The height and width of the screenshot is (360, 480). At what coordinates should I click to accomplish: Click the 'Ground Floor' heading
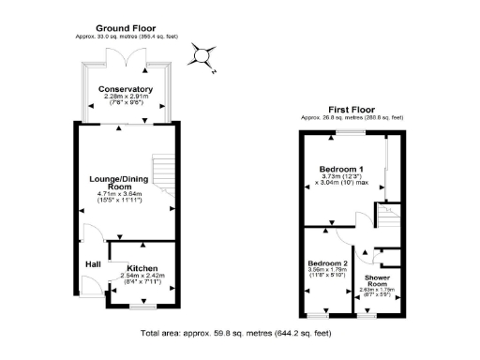[x=125, y=28]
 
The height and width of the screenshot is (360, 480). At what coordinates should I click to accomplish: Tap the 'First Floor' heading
[x=351, y=109]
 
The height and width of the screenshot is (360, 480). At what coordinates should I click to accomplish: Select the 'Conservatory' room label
[x=126, y=90]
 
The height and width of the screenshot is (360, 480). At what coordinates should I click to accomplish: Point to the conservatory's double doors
[x=126, y=56]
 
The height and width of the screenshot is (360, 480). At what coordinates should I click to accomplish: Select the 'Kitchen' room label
[x=142, y=266]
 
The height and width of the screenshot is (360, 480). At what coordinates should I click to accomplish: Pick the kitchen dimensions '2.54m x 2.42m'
[x=142, y=275]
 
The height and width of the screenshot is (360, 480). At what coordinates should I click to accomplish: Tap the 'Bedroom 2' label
[x=326, y=263]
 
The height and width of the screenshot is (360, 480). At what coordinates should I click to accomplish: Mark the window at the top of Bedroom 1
[x=352, y=132]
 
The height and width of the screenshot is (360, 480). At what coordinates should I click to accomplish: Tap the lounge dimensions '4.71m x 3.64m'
[x=124, y=194]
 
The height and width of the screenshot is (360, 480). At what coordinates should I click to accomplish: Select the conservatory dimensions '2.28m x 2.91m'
[x=126, y=97]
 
